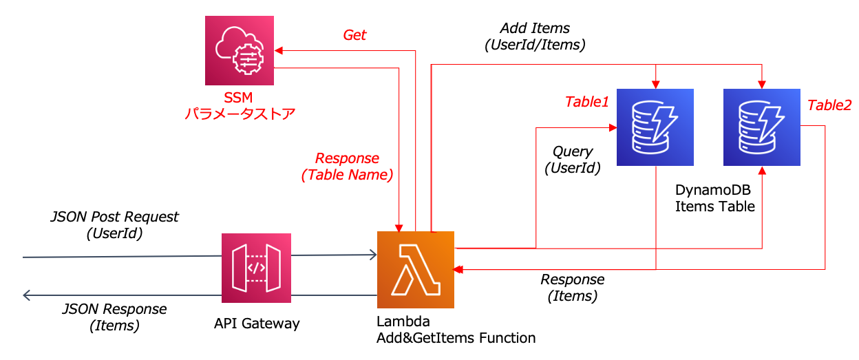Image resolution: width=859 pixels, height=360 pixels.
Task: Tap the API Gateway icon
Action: (256, 268)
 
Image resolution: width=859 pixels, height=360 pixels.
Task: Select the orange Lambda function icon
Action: (416, 269)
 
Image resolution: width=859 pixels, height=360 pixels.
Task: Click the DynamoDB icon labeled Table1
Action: (655, 127)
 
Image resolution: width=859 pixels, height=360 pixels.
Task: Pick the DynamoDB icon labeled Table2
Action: (761, 127)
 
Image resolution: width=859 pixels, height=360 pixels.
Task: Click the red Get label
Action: (354, 35)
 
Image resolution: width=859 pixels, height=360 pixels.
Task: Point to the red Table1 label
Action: (587, 102)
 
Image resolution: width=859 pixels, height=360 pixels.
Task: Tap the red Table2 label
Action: (829, 105)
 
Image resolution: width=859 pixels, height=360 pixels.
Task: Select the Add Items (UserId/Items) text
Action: (535, 36)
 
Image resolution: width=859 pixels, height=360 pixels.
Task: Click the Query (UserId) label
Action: (573, 159)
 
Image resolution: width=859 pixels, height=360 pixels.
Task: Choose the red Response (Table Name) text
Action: (347, 167)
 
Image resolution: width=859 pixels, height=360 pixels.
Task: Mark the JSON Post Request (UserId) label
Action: (114, 225)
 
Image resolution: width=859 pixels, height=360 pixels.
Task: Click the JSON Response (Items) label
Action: (114, 317)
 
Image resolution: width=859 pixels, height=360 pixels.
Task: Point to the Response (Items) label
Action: (572, 288)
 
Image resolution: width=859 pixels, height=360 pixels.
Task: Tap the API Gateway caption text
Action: (256, 323)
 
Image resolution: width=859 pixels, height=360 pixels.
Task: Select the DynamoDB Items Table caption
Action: (714, 198)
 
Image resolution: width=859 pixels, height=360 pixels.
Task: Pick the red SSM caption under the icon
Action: (239, 106)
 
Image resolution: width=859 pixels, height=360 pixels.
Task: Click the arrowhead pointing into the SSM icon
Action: (278, 50)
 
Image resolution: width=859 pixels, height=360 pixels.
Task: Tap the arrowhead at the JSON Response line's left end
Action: (27, 295)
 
